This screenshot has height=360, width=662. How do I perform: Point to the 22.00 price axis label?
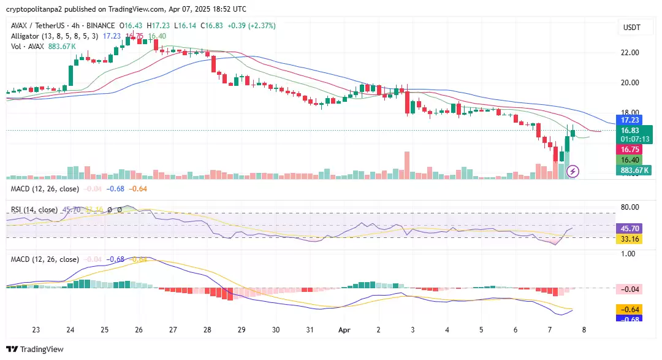pos(631,53)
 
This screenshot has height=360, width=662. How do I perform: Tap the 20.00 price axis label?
pos(631,83)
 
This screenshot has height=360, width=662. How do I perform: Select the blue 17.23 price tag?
pos(630,120)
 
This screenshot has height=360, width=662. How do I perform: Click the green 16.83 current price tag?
pos(630,130)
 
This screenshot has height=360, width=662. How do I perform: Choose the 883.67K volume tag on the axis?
pos(634,170)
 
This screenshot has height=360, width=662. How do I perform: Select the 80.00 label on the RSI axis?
pos(631,207)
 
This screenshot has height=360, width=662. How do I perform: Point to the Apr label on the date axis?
pos(344,329)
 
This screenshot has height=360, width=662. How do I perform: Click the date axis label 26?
pos(139,329)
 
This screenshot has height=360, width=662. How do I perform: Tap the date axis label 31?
pos(310,329)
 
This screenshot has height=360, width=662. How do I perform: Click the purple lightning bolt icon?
pos(574,171)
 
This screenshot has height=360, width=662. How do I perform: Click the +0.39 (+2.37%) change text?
pos(251,26)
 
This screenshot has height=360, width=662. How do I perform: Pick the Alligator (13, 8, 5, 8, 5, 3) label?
pos(55,36)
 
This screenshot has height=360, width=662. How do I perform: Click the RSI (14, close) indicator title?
pos(34,210)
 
